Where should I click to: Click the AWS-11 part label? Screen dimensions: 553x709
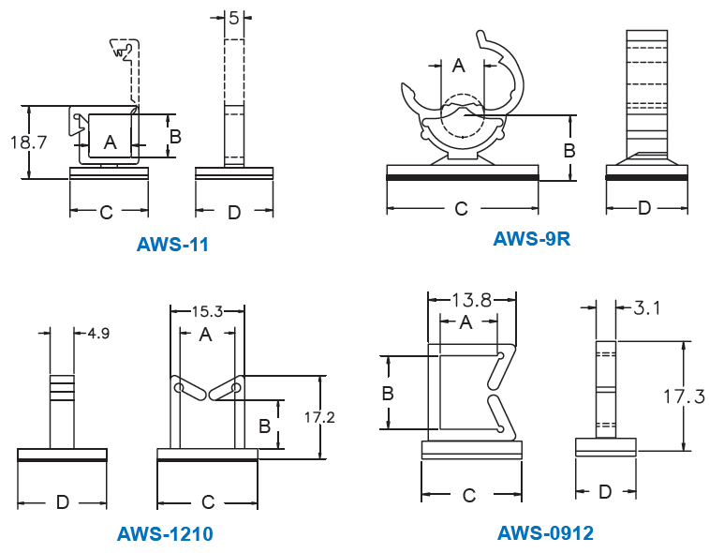coord(172,245)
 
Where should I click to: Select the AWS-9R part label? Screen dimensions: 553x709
coord(531,238)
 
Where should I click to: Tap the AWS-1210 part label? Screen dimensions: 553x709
coord(165,534)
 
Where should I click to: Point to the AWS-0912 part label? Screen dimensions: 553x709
coord(545,533)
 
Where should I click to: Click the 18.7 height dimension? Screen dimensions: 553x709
coord(28,142)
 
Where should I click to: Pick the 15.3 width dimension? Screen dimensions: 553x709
coord(207,311)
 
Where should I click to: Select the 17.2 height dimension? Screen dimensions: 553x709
coord(320,417)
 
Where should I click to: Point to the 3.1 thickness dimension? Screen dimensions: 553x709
coord(648,306)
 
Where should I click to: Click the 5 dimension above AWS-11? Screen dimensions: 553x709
coord(233,17)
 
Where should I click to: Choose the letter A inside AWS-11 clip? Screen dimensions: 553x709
coord(111,142)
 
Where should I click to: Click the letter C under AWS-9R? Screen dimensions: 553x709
coord(461,208)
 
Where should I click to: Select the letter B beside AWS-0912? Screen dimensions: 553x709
coord(388,394)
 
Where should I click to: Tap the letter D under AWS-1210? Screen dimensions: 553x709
coord(62,502)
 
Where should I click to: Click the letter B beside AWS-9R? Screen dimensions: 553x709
coord(569,150)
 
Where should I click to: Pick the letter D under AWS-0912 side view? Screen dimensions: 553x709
coord(605,491)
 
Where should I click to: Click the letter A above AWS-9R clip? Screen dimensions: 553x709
coord(458,65)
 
